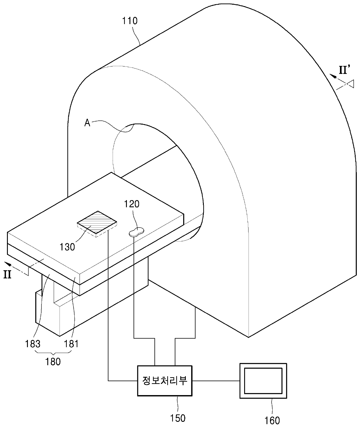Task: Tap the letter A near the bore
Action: [87, 123]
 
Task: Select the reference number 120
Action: [132, 204]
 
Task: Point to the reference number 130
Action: [67, 247]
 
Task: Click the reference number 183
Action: [33, 344]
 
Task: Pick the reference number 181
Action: [71, 344]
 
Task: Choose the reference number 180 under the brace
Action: [53, 362]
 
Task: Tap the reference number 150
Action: [178, 418]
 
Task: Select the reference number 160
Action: [272, 420]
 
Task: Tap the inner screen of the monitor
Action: [263, 381]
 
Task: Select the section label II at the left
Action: [7, 275]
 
